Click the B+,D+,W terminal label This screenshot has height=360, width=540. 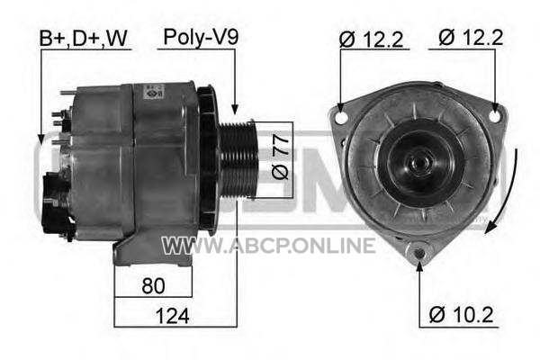click(x=84, y=38)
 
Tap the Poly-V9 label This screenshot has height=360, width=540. click(x=201, y=37)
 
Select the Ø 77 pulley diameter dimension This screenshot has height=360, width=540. click(x=280, y=157)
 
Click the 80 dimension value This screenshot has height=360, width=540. click(x=153, y=285)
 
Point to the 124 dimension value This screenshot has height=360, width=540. click(x=172, y=316)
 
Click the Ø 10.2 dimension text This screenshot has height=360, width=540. click(x=461, y=314)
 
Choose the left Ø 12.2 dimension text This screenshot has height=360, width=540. click(x=371, y=40)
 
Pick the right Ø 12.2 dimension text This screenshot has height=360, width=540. click(x=471, y=38)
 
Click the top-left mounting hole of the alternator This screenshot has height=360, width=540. click(x=341, y=117)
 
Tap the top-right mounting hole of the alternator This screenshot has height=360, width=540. click(x=495, y=115)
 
